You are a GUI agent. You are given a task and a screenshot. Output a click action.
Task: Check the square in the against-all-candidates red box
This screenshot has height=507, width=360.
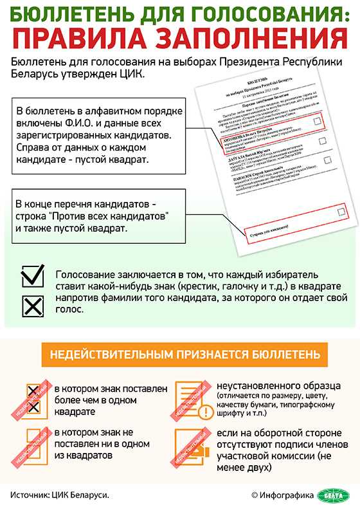(x=341, y=210)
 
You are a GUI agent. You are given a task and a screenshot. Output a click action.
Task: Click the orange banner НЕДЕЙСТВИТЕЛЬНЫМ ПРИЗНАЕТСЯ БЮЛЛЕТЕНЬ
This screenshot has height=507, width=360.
(x=180, y=355)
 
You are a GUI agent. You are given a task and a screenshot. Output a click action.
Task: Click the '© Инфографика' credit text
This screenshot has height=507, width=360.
(x=282, y=494)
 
